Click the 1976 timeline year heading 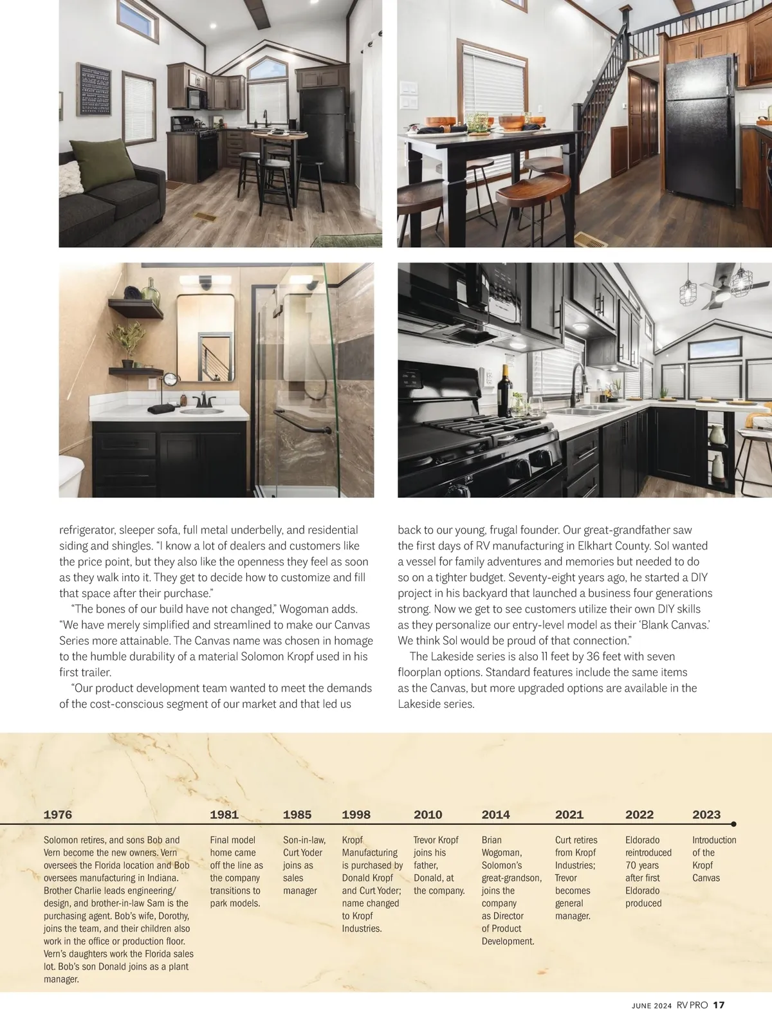tap(58, 815)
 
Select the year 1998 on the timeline tap(356, 815)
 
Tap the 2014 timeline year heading tap(495, 815)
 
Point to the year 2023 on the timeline tap(706, 815)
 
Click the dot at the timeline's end tap(733, 824)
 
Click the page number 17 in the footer tap(719, 1005)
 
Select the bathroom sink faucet tap(204, 400)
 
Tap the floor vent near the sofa tap(206, 217)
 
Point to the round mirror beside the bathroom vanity tap(170, 380)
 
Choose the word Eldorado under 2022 tap(642, 840)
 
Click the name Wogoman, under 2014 tap(501, 852)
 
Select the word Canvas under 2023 tap(706, 878)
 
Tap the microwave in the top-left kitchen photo tap(196, 98)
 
